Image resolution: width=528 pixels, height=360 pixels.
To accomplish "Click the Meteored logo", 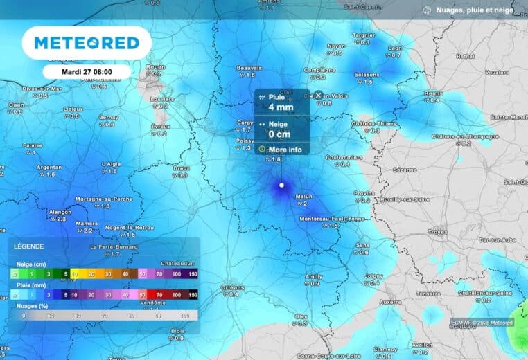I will click(87, 43).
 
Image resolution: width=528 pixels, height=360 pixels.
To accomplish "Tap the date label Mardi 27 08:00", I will click(87, 71).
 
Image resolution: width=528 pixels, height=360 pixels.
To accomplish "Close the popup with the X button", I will click(318, 96).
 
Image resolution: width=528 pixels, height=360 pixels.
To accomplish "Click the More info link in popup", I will click(285, 150).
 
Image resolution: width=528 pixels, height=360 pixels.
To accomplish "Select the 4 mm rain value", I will click(281, 107).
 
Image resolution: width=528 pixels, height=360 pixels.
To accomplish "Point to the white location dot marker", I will click(281, 186).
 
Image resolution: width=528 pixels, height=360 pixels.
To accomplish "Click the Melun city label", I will click(304, 197).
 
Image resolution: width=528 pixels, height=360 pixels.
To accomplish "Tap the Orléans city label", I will click(232, 287).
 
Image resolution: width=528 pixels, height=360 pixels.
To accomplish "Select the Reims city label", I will click(432, 93).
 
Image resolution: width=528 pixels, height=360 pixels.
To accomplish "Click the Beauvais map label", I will click(249, 68).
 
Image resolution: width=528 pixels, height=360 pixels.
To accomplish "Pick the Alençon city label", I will click(60, 212).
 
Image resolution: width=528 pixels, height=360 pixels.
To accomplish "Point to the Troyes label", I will click(437, 231).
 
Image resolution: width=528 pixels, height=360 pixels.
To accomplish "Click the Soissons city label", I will click(367, 75).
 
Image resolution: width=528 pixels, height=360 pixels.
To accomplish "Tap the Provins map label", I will click(364, 193).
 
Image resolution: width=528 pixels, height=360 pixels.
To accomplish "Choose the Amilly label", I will click(314, 276).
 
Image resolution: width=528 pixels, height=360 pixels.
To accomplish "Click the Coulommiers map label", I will click(344, 157).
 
